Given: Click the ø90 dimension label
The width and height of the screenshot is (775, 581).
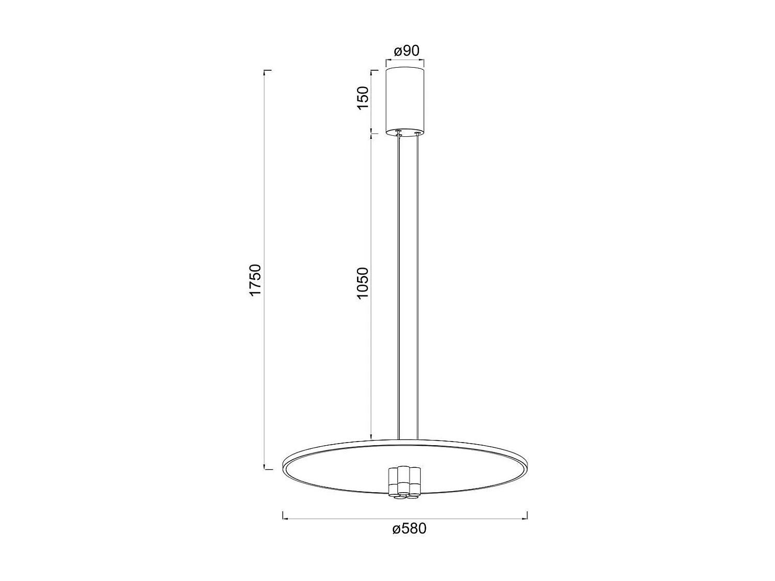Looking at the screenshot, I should pyautogui.click(x=406, y=51).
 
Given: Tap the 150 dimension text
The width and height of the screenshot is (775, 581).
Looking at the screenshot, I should pyautogui.click(x=363, y=98).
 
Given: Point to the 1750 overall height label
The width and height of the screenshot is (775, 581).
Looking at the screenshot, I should pyautogui.click(x=257, y=280).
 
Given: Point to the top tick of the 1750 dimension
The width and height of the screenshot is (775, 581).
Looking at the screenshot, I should pyautogui.click(x=267, y=70).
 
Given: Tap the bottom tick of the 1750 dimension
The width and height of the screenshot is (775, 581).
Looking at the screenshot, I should pyautogui.click(x=267, y=469).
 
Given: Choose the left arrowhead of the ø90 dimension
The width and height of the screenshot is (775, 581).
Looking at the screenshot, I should pyautogui.click(x=387, y=61).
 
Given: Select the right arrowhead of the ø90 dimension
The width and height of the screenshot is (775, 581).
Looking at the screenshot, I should pyautogui.click(x=424, y=61).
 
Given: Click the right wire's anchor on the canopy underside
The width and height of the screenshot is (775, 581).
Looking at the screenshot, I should pyautogui.click(x=417, y=134).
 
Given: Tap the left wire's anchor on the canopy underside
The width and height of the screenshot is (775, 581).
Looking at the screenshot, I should pyautogui.click(x=398, y=133).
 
